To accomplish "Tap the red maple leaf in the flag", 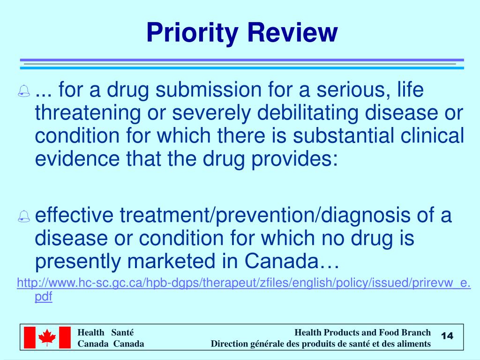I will coord(47,337).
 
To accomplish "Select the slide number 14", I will coord(448,336).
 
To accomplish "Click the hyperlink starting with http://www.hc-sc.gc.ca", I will coord(244,283).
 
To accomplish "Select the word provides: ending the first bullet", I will coord(295,159).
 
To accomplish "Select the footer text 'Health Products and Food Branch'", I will coord(362,332).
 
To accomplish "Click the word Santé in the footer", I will coord(123,332).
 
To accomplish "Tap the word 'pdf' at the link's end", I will coord(44,297).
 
